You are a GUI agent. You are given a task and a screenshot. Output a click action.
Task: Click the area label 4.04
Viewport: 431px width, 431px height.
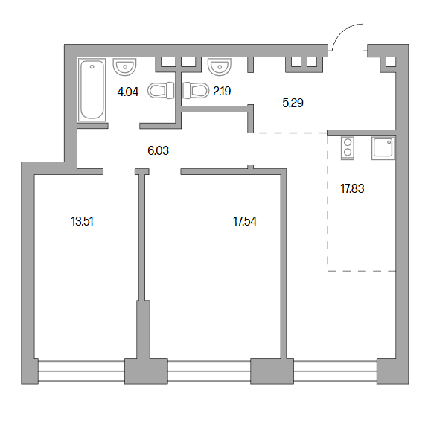(128, 92)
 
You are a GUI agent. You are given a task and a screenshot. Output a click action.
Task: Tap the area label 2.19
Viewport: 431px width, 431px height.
(222, 91)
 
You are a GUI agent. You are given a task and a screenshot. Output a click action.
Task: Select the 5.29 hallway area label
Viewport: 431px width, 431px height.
(293, 103)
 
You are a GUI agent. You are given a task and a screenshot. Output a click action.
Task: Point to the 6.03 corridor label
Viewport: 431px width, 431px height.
(158, 150)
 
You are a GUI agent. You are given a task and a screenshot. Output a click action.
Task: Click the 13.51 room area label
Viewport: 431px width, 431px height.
(82, 221)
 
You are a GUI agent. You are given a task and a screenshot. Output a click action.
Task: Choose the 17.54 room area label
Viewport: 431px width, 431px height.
(245, 221)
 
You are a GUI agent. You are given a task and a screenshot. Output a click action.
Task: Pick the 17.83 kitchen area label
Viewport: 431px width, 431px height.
(352, 189)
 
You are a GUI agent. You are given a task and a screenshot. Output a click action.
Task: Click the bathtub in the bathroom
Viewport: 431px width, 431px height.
(92, 89)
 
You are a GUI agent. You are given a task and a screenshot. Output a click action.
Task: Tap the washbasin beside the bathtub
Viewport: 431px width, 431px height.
(124, 67)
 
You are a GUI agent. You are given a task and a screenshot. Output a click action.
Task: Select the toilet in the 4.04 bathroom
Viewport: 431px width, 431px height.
(161, 90)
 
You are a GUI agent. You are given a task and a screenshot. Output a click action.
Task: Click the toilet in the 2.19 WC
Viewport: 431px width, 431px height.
(196, 90)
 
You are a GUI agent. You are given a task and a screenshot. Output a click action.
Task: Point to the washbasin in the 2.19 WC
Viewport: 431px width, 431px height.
(220, 67)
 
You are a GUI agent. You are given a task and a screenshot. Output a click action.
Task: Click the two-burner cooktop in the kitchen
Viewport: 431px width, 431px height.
(348, 148)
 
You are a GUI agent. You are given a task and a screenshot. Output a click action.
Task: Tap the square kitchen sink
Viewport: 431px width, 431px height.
(383, 148)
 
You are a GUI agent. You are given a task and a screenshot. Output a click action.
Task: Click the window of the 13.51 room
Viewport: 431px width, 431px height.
(81, 371)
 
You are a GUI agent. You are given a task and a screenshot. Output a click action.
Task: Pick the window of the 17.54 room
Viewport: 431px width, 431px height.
(209, 371)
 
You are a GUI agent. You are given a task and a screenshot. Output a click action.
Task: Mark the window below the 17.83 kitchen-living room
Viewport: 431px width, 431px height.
(335, 371)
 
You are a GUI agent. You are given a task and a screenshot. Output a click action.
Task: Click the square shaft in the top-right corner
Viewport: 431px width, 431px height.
(391, 62)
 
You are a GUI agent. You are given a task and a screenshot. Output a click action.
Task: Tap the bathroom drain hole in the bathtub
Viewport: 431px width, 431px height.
(92, 67)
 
